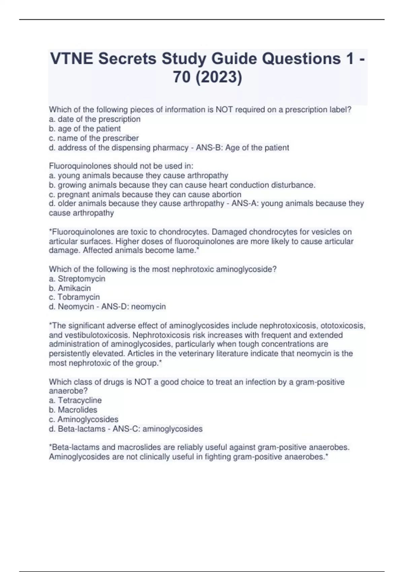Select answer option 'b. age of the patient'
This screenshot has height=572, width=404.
85,129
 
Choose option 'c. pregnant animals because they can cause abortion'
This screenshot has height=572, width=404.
145,194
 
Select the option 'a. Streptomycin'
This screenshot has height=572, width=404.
77,279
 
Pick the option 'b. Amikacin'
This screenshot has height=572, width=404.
70,288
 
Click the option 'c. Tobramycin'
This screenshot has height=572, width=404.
74,297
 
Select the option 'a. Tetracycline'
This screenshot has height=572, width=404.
75,400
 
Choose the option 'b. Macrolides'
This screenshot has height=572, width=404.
73,410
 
